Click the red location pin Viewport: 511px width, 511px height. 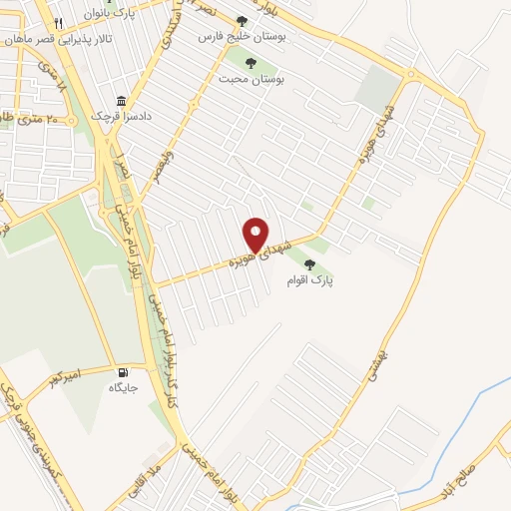[x=256, y=235]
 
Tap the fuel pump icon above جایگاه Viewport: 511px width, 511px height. [x=124, y=368]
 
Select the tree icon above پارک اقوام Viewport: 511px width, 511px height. [x=311, y=265]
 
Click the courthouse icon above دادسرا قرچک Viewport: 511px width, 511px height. [x=122, y=101]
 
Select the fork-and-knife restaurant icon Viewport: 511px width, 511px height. [x=59, y=22]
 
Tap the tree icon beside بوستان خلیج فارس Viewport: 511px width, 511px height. [x=242, y=20]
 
